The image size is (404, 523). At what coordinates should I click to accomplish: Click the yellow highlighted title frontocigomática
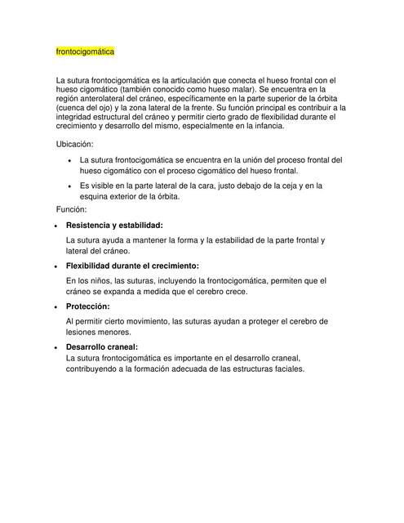85,51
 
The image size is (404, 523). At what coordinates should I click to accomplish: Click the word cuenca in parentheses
73,107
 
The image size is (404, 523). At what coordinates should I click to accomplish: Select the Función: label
73,210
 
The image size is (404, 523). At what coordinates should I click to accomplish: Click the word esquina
96,196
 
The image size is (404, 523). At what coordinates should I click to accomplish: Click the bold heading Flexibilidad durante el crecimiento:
132,266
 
